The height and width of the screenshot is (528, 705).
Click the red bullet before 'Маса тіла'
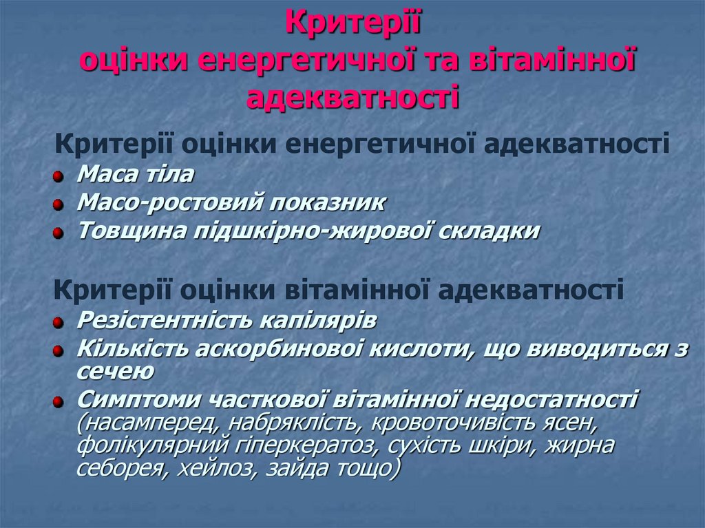click(x=60, y=177)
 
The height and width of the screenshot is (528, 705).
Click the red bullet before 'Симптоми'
click(x=60, y=401)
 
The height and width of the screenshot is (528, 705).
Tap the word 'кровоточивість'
click(x=482, y=422)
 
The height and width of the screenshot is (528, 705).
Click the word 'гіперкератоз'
click(x=307, y=446)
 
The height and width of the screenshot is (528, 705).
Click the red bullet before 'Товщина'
click(x=60, y=233)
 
